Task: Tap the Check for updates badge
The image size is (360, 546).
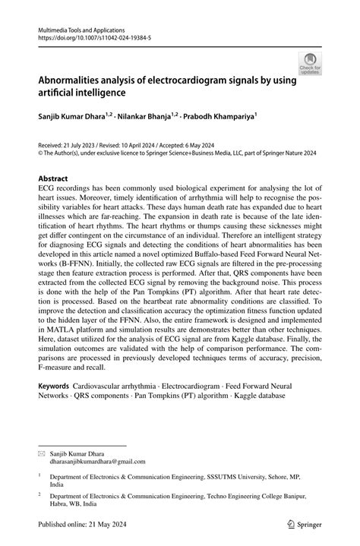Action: point(310,64)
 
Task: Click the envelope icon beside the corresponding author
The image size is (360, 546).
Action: point(42,453)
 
